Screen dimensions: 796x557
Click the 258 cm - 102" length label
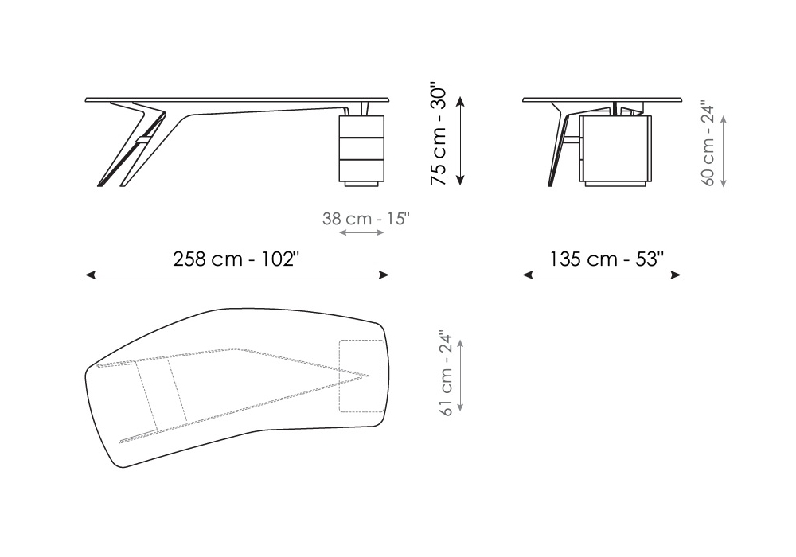click(236, 259)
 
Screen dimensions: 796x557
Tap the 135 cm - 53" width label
click(607, 259)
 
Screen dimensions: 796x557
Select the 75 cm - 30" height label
click(438, 136)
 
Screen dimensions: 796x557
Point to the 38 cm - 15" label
click(365, 219)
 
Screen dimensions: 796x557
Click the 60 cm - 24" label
click(708, 145)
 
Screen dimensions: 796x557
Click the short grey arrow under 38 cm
click(361, 232)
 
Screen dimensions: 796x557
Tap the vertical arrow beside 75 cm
click(460, 142)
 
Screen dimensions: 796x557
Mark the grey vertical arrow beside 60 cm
click(723, 151)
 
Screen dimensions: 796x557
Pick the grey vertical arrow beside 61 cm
click(460, 376)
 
